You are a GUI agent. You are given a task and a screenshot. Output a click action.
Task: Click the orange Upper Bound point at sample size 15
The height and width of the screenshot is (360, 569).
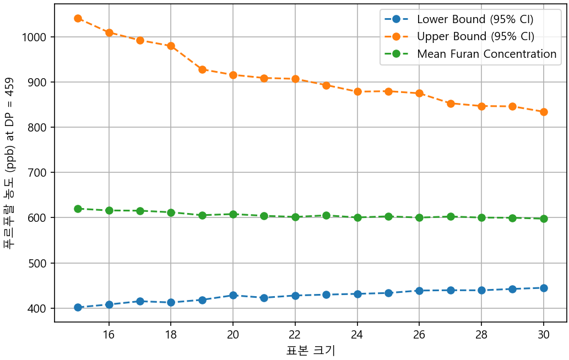point(78,18)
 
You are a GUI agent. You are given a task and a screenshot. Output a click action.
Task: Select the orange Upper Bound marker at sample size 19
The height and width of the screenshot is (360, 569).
point(202,70)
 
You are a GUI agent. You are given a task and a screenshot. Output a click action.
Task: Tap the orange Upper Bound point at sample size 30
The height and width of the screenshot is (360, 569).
point(544,112)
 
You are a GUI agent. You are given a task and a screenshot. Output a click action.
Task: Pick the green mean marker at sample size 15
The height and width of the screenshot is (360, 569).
point(78,209)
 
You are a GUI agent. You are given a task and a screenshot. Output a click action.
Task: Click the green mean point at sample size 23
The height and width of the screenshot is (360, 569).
point(326,216)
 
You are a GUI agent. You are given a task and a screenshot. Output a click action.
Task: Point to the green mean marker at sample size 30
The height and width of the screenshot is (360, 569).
point(544,219)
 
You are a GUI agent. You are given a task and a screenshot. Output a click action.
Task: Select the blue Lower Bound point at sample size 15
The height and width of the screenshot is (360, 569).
point(78,307)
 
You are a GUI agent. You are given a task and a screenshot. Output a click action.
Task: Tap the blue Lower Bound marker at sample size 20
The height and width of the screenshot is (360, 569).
point(233,295)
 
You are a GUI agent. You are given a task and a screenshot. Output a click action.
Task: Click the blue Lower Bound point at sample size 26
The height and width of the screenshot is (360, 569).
point(419,291)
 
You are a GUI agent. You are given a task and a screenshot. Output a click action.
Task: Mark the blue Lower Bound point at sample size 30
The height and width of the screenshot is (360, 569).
point(544,288)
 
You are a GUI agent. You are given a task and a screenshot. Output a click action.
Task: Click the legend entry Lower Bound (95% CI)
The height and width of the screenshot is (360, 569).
point(475,19)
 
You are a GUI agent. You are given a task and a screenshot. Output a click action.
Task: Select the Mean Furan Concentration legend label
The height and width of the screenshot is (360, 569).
point(486,54)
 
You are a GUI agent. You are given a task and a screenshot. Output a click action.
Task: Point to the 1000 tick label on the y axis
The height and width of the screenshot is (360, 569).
point(36,37)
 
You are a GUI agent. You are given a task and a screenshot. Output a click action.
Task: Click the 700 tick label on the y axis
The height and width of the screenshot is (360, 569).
point(39,173)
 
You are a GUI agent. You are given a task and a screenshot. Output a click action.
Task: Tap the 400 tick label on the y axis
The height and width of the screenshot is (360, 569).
point(39,308)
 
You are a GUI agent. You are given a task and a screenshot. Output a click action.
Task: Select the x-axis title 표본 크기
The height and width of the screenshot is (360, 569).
point(311,350)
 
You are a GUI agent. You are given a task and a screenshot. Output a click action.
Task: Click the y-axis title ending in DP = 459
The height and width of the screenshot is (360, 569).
point(11,163)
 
